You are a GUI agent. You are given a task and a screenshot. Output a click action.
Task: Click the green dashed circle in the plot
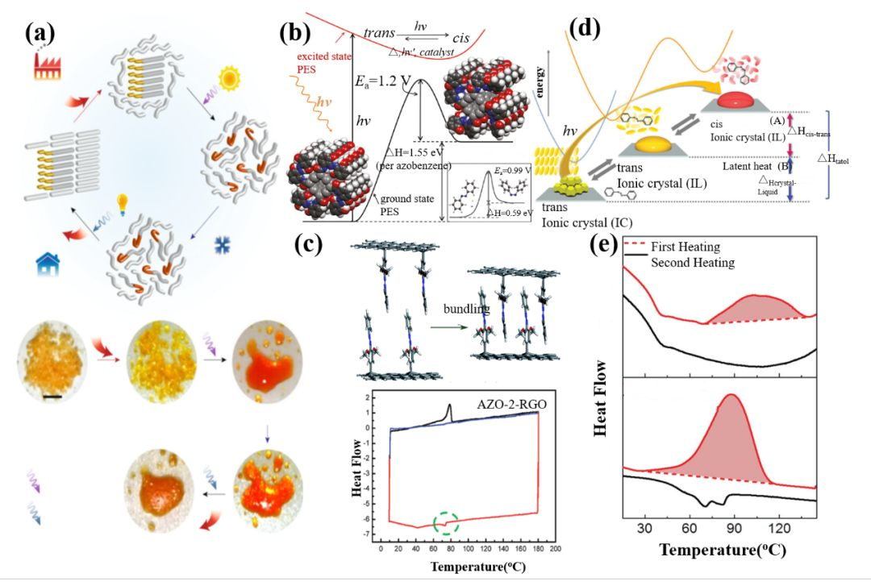point(446,524)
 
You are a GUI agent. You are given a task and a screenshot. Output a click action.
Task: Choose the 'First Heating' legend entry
point(686,247)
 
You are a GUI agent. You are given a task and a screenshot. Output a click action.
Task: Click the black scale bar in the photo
point(52,397)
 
